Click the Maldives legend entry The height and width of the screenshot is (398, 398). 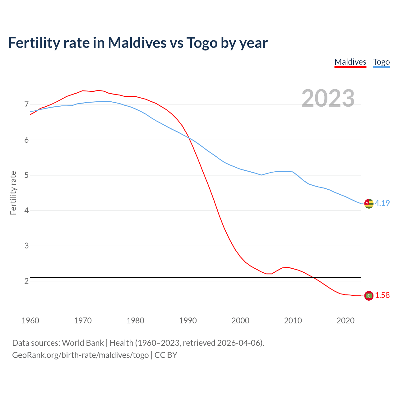(350, 62)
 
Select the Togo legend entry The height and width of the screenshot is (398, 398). (381, 62)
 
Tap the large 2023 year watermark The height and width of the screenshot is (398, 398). (328, 98)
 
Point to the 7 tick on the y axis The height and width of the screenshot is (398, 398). (26, 104)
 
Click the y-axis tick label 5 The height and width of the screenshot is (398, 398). (26, 175)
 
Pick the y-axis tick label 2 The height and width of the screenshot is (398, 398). (26, 281)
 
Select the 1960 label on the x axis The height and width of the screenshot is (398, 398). (30, 321)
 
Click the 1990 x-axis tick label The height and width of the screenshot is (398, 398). (188, 321)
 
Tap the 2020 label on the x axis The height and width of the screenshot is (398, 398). (345, 321)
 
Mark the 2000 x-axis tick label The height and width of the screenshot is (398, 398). (240, 321)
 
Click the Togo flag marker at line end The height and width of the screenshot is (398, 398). (369, 203)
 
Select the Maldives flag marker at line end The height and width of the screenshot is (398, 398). (369, 296)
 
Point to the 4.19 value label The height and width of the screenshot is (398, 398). (382, 203)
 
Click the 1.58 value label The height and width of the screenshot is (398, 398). (382, 295)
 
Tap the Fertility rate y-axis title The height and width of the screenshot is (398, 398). (13, 193)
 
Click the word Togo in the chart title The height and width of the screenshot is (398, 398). (201, 43)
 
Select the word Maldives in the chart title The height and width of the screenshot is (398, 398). (137, 43)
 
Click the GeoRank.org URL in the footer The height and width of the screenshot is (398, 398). (80, 355)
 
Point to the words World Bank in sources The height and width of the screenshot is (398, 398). (83, 343)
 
